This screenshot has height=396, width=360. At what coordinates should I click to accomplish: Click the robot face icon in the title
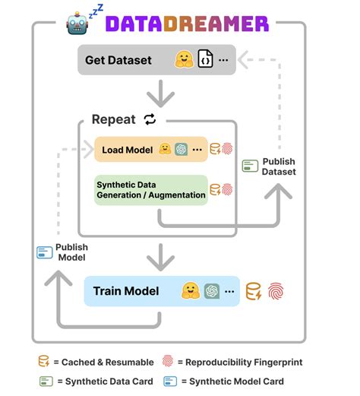pyautogui.click(x=77, y=24)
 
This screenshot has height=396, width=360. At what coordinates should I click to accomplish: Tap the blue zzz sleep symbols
pyautogui.click(x=96, y=11)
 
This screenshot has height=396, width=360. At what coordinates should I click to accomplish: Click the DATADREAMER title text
pyautogui.click(x=187, y=24)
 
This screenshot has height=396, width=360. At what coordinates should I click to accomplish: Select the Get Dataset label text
pyautogui.click(x=118, y=60)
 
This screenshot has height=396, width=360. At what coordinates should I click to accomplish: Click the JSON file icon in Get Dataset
pyautogui.click(x=205, y=59)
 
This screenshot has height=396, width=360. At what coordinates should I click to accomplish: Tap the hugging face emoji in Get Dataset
pyautogui.click(x=185, y=59)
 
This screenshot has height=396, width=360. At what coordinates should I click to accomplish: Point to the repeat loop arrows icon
pyautogui.click(x=150, y=119)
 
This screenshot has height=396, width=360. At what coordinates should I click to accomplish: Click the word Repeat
pyautogui.click(x=114, y=119)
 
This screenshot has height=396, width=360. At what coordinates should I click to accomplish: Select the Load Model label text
pyautogui.click(x=128, y=150)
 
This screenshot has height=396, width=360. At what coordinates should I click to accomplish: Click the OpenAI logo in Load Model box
pyautogui.click(x=182, y=149)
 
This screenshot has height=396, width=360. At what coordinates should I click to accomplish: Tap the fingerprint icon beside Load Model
pyautogui.click(x=227, y=149)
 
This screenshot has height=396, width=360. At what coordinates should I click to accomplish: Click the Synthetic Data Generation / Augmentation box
pyautogui.click(x=151, y=190)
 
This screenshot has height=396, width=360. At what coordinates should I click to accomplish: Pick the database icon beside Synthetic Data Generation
pyautogui.click(x=215, y=189)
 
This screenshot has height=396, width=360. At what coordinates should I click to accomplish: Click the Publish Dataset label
pyautogui.click(x=279, y=166)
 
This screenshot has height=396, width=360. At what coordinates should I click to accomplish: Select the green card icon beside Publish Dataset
pyautogui.click(x=250, y=166)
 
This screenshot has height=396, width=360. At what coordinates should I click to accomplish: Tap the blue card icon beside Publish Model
pyautogui.click(x=45, y=252)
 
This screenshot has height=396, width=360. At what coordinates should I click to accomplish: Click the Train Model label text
pyautogui.click(x=126, y=291)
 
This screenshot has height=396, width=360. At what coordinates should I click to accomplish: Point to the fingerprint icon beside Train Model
pyautogui.click(x=276, y=291)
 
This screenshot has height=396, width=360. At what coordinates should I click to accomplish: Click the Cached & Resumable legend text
pyautogui.click(x=104, y=363)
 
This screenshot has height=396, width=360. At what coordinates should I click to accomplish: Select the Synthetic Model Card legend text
pyautogui.click(x=233, y=382)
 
